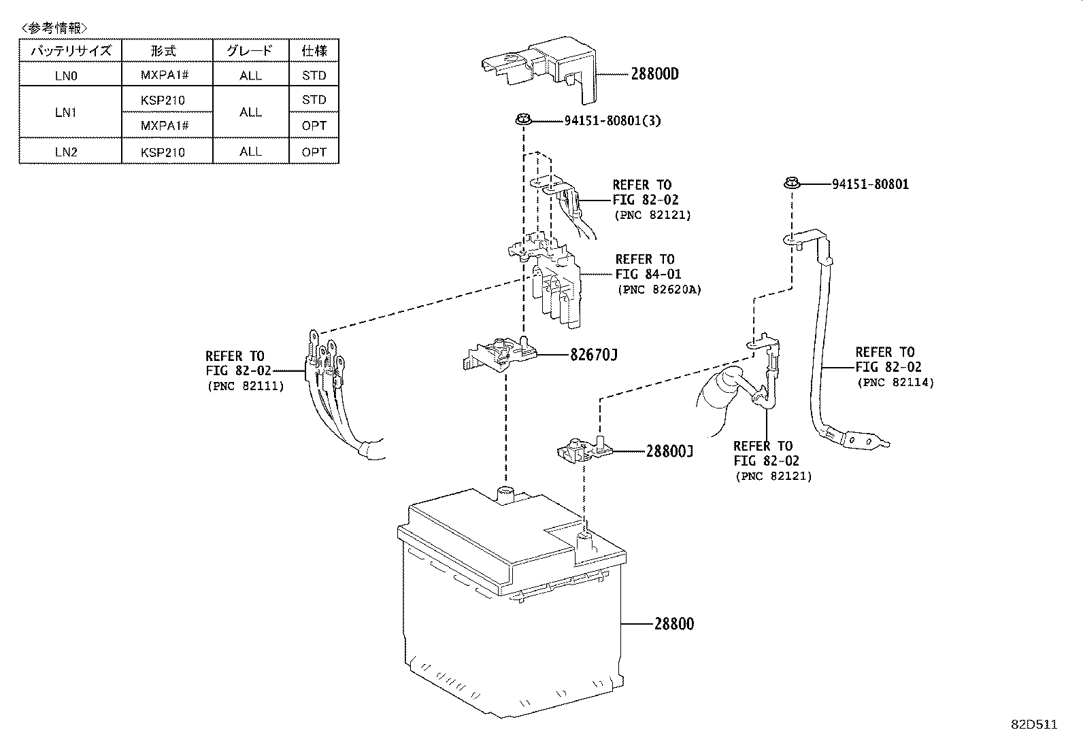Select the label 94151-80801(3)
(612, 121)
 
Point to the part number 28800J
(669, 451)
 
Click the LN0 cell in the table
(66, 75)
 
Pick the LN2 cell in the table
(66, 152)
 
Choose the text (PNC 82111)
(245, 386)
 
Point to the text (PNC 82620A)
(659, 290)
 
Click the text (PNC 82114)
(895, 383)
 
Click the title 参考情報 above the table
(54, 28)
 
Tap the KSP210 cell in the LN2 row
(163, 152)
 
